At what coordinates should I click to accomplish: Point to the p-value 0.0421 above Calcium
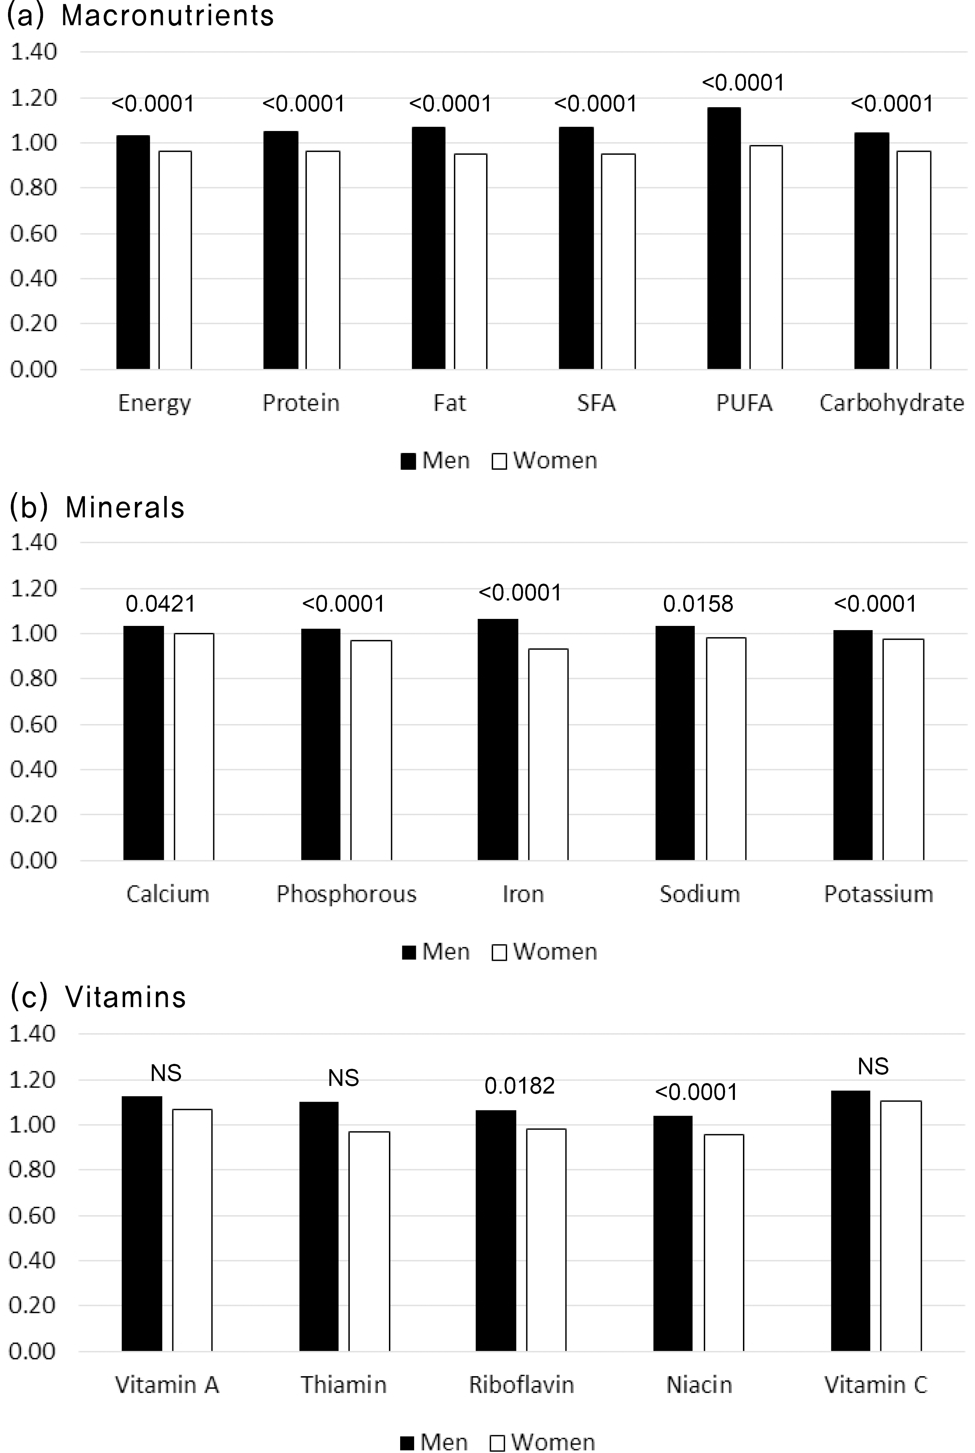[x=160, y=604]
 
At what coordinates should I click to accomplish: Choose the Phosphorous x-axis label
[x=346, y=894]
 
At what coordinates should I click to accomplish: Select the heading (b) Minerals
[x=97, y=507]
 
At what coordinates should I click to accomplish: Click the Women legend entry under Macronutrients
[x=545, y=460]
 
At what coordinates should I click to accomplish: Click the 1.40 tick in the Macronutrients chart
[x=34, y=52]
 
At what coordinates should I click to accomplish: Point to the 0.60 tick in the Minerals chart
[x=34, y=724]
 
